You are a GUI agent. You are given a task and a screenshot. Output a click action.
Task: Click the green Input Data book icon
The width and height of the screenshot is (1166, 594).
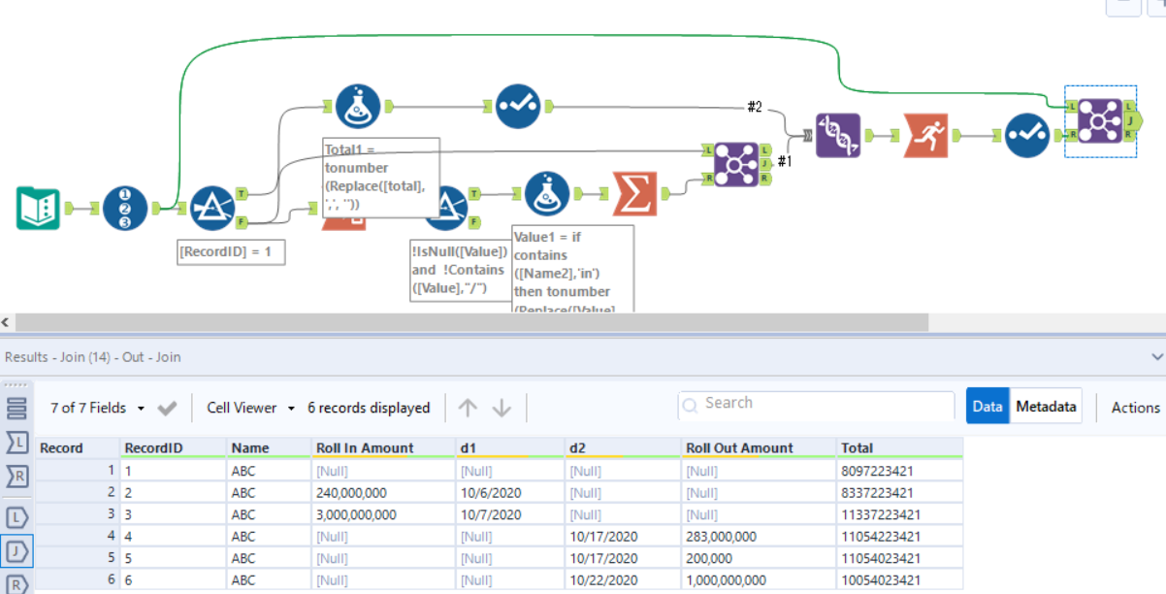[x=39, y=208]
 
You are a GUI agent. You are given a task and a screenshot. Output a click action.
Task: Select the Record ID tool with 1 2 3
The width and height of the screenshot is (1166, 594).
[x=125, y=208]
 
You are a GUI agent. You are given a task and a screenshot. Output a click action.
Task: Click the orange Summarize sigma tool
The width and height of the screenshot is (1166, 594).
[x=634, y=193]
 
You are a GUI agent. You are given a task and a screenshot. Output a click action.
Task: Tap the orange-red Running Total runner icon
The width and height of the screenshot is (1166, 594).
[x=926, y=136]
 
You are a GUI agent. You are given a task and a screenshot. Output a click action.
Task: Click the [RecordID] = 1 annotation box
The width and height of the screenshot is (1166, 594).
[x=232, y=252]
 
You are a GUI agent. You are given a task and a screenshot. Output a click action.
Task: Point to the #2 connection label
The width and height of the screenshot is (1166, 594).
[x=754, y=107]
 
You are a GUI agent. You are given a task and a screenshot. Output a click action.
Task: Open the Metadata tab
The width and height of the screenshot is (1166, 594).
[x=1046, y=407]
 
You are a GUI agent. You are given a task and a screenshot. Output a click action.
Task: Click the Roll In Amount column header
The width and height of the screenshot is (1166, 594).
[x=365, y=448]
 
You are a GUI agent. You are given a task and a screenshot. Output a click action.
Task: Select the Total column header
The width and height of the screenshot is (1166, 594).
[x=858, y=448]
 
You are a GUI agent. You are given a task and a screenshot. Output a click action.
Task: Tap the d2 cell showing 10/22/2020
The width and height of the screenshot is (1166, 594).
[x=604, y=580]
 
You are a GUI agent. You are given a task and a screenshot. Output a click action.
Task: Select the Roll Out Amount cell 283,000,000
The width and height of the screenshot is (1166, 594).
[x=721, y=536]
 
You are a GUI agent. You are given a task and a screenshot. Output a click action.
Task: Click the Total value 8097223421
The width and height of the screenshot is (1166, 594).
[x=881, y=471]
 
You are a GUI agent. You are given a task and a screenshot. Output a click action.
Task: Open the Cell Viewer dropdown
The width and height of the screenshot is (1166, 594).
[x=251, y=408]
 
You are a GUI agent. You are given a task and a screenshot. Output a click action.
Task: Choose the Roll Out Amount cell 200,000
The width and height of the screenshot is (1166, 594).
[x=709, y=558]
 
